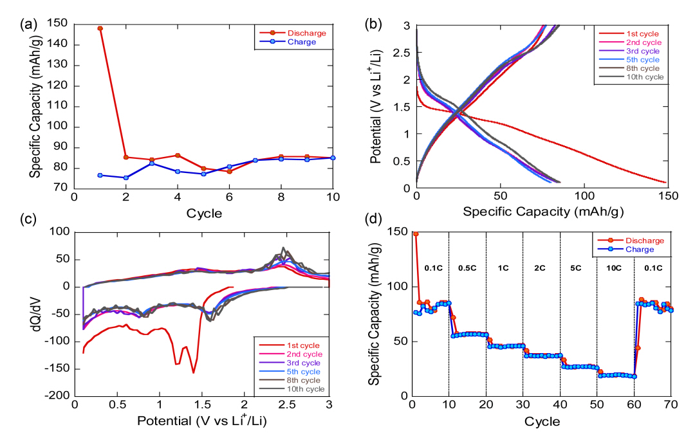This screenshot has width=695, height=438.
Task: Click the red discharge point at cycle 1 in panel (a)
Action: click(100, 28)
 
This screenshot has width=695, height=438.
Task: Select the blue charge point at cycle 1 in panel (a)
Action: click(100, 175)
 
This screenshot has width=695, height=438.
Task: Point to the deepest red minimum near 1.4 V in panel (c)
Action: click(193, 372)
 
